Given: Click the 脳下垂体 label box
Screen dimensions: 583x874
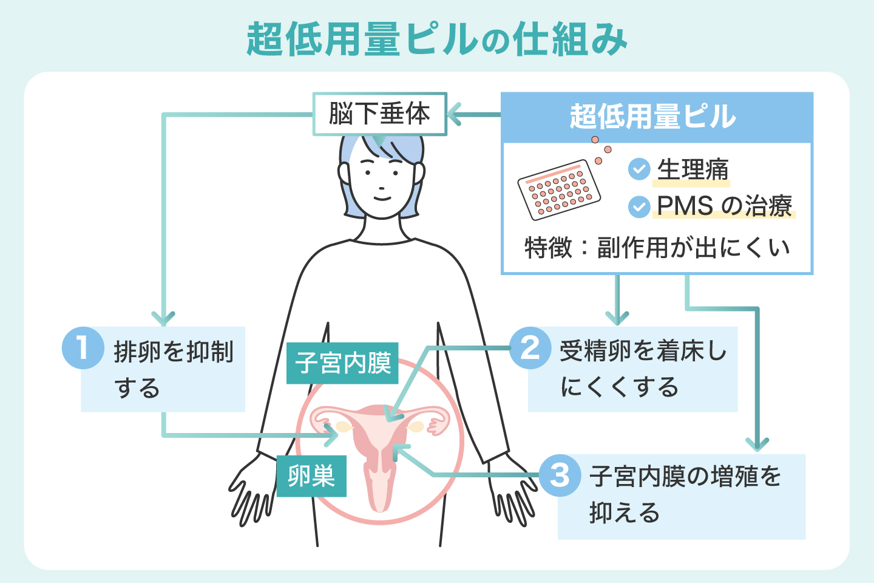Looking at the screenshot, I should pyautogui.click(x=379, y=114).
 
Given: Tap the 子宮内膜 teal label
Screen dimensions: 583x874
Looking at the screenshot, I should pyautogui.click(x=342, y=363).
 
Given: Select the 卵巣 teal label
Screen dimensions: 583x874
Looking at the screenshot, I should pyautogui.click(x=311, y=476).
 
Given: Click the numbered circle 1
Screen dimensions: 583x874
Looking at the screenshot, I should pyautogui.click(x=83, y=348).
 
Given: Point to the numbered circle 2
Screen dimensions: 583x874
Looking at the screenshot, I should pyautogui.click(x=530, y=348).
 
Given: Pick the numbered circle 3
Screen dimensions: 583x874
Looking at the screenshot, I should pyautogui.click(x=560, y=476).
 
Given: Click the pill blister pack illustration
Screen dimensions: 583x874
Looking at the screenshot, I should pyautogui.click(x=559, y=189).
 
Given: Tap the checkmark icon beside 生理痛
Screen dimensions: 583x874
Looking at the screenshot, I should pyautogui.click(x=639, y=169).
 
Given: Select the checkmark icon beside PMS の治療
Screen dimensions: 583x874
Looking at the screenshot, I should pyautogui.click(x=639, y=206).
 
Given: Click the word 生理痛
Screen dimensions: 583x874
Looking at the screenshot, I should pyautogui.click(x=693, y=170).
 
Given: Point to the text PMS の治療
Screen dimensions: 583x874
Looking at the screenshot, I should pyautogui.click(x=725, y=206).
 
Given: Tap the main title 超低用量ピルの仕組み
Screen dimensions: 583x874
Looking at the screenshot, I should pyautogui.click(x=437, y=40).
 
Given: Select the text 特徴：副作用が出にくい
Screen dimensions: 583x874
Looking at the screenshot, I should pyautogui.click(x=657, y=248).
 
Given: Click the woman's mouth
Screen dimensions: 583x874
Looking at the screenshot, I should pyautogui.click(x=381, y=197).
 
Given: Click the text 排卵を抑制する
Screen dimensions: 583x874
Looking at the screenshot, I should pyautogui.click(x=173, y=369).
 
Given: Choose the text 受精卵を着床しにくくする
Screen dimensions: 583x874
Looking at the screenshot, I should pyautogui.click(x=642, y=369).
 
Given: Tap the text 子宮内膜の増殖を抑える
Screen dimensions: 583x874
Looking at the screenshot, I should pyautogui.click(x=685, y=494).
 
